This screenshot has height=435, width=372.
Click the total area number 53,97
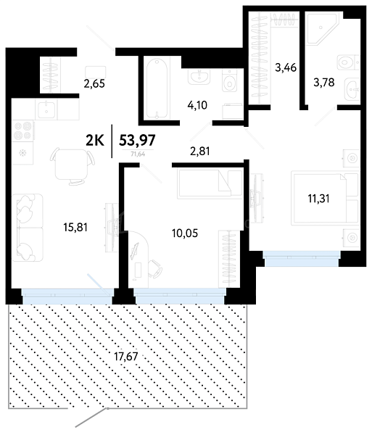pyautogui.click(x=137, y=140)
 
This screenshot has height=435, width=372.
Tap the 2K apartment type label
pyautogui.click(x=95, y=141)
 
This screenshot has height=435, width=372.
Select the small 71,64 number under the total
pyautogui.click(x=138, y=154)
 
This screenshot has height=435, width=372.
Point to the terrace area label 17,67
pyautogui.click(x=126, y=356)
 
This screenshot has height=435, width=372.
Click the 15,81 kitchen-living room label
pyautogui.click(x=75, y=227)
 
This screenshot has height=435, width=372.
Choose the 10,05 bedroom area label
pyautogui.click(x=185, y=233)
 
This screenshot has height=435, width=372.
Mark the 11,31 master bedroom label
pyautogui.click(x=319, y=199)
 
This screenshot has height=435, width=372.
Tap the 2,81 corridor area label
pyautogui.click(x=199, y=152)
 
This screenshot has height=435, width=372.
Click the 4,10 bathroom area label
pyautogui.click(x=197, y=105)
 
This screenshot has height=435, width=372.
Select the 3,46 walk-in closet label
pyautogui.click(x=286, y=67)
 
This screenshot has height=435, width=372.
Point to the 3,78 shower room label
pyautogui.click(x=323, y=83)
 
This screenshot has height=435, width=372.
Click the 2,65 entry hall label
pyautogui.click(x=94, y=83)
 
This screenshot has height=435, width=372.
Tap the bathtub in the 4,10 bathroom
pyautogui.click(x=157, y=88)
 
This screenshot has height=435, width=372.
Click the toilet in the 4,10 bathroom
pyautogui.click(x=230, y=80)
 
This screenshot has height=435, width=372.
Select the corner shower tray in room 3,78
pyautogui.click(x=323, y=28)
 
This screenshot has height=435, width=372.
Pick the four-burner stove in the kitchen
pyautogui.click(x=23, y=130)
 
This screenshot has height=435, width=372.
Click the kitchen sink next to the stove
pyautogui.click(x=46, y=109)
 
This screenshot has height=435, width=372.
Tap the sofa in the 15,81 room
pyautogui.click(x=28, y=228)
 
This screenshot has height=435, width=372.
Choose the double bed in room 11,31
pyautogui.click(x=325, y=198)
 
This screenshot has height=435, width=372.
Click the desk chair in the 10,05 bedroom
pyautogui.click(x=154, y=268)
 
